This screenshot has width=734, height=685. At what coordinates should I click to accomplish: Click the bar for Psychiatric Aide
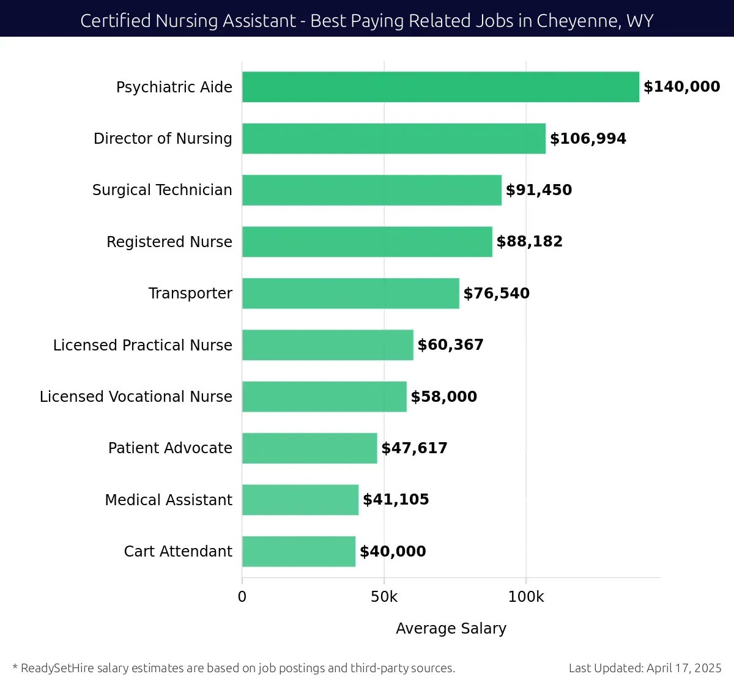[x=440, y=87]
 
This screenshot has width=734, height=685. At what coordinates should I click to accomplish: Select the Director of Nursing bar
[x=393, y=138]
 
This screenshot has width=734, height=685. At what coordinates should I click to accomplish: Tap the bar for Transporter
[x=350, y=294]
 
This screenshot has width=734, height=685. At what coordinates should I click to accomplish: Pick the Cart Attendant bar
[x=298, y=552]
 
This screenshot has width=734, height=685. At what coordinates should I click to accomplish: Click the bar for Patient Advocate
[x=310, y=448]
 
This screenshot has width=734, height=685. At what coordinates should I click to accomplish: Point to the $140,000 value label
[x=681, y=87]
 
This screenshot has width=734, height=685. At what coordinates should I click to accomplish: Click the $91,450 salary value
[x=538, y=190]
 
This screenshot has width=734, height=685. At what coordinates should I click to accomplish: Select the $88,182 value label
[x=529, y=242]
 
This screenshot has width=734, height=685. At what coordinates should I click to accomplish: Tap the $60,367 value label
[x=450, y=345]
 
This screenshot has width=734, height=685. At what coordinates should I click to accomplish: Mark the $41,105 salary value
[x=396, y=500]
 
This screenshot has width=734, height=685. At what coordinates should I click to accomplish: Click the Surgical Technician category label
[x=162, y=190]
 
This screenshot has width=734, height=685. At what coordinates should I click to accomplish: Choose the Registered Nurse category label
[x=169, y=242]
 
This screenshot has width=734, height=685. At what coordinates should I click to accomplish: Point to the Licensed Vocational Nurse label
[x=136, y=396]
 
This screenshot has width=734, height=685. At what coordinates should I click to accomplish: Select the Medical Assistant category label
[x=168, y=500]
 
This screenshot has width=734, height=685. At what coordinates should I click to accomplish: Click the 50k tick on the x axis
[x=384, y=597]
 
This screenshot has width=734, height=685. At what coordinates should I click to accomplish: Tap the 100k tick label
[x=526, y=597]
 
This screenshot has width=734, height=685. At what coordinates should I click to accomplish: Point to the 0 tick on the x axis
[x=242, y=597]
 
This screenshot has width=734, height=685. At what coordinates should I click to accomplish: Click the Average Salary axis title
[x=451, y=629]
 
